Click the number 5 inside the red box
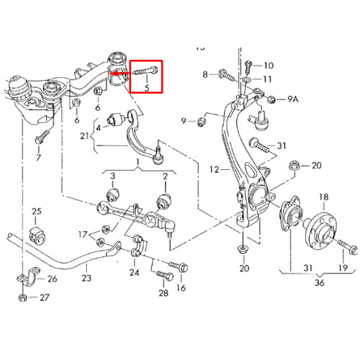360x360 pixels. coord(147,88)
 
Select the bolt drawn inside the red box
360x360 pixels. coord(146,71)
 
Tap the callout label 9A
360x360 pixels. coord(293,99)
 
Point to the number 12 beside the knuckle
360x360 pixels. coord(214,170)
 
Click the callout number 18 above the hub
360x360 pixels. coord(323,197)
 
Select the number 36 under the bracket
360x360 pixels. coord(320,282)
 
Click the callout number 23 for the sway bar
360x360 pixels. coord(86,278)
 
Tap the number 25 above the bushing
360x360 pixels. coord(37,211)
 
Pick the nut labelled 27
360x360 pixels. coord(22,298)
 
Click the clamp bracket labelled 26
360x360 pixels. coord(27,277)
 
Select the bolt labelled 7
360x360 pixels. coord(42,137)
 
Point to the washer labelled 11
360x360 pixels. coord(246,79)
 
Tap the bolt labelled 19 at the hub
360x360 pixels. coord(348,247)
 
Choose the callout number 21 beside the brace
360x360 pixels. coord(84,136)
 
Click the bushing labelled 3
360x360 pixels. coord(112,194)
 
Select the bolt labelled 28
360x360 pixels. coord(165,276)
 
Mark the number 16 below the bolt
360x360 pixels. coord(181,288)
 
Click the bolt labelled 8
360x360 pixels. coord(227,75)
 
